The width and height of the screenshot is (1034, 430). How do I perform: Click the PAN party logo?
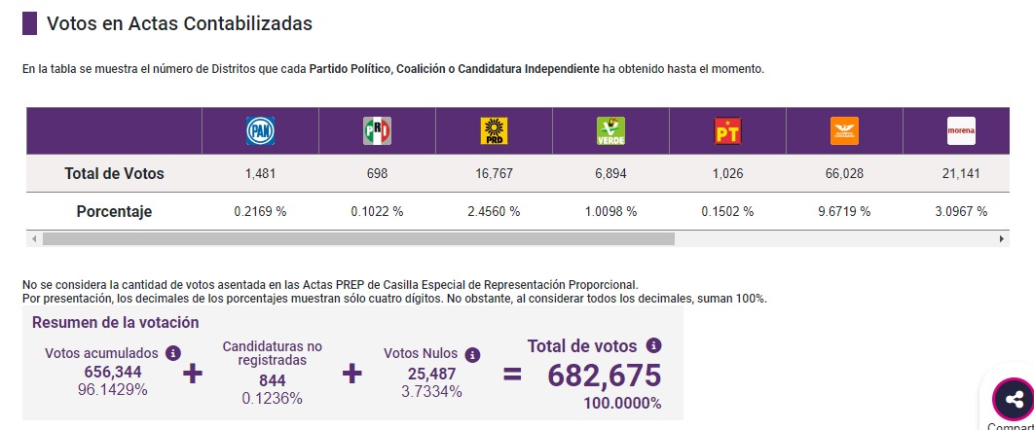pyautogui.click(x=260, y=131)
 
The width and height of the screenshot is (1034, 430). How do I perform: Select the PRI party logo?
pyautogui.click(x=377, y=131)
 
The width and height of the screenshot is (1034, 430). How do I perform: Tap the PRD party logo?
pyautogui.click(x=494, y=131)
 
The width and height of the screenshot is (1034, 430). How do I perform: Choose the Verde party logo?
pyautogui.click(x=610, y=131)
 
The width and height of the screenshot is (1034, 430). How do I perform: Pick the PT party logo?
pyautogui.click(x=727, y=131)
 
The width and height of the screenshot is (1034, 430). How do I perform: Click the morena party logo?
pyautogui.click(x=961, y=131)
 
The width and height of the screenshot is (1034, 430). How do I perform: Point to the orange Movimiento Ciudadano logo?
pyautogui.click(x=844, y=131)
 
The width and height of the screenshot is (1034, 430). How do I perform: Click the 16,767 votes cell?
pyautogui.click(x=494, y=174)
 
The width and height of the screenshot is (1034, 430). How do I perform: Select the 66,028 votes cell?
pyautogui.click(x=844, y=174)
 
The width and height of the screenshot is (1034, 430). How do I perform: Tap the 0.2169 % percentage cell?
pyautogui.click(x=261, y=211)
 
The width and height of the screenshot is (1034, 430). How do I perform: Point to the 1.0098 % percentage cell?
pyautogui.click(x=610, y=211)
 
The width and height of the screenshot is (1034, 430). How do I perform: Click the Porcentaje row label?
pyautogui.click(x=114, y=211)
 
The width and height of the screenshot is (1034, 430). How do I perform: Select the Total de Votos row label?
pyautogui.click(x=114, y=174)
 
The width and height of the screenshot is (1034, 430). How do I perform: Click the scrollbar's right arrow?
pyautogui.click(x=1002, y=238)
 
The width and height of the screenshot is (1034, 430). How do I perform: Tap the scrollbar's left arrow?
pyautogui.click(x=34, y=238)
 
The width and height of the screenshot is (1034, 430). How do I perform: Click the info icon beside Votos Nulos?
pyautogui.click(x=472, y=356)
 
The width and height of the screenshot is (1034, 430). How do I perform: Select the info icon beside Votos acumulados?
pyautogui.click(x=172, y=353)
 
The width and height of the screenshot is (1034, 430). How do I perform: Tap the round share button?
pyautogui.click(x=1014, y=399)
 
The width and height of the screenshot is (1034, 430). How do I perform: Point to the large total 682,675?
pyautogui.click(x=604, y=376)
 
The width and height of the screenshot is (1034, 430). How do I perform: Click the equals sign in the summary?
pyautogui.click(x=512, y=375)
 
